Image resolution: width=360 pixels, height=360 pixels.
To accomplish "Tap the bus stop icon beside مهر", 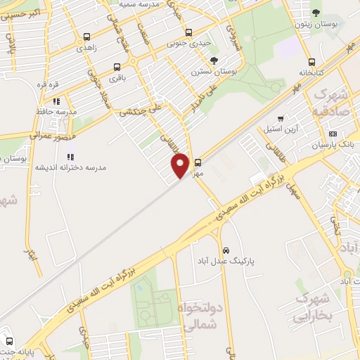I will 198,161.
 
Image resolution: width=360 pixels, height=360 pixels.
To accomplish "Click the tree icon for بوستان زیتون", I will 316,13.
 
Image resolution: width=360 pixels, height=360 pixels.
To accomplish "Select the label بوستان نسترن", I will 214,72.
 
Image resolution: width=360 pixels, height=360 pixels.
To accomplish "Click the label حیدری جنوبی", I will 188,43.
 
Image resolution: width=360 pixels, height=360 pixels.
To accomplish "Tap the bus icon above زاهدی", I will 86,37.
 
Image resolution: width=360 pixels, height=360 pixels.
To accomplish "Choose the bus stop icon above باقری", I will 117,68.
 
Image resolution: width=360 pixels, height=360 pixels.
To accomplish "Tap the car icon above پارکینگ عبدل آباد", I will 226,250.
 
